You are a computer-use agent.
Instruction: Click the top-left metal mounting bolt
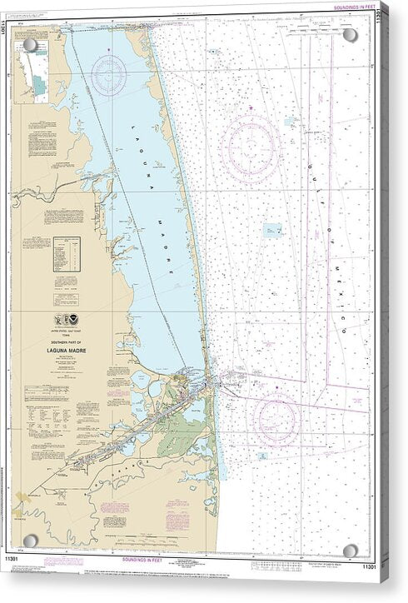coord(31,44)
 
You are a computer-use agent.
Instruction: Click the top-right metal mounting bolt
coord(351,36)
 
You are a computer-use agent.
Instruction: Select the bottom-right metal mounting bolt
coord(351,550)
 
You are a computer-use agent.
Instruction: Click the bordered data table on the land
coord(67,254)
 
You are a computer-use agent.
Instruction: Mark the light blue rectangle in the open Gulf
coord(272,230)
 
